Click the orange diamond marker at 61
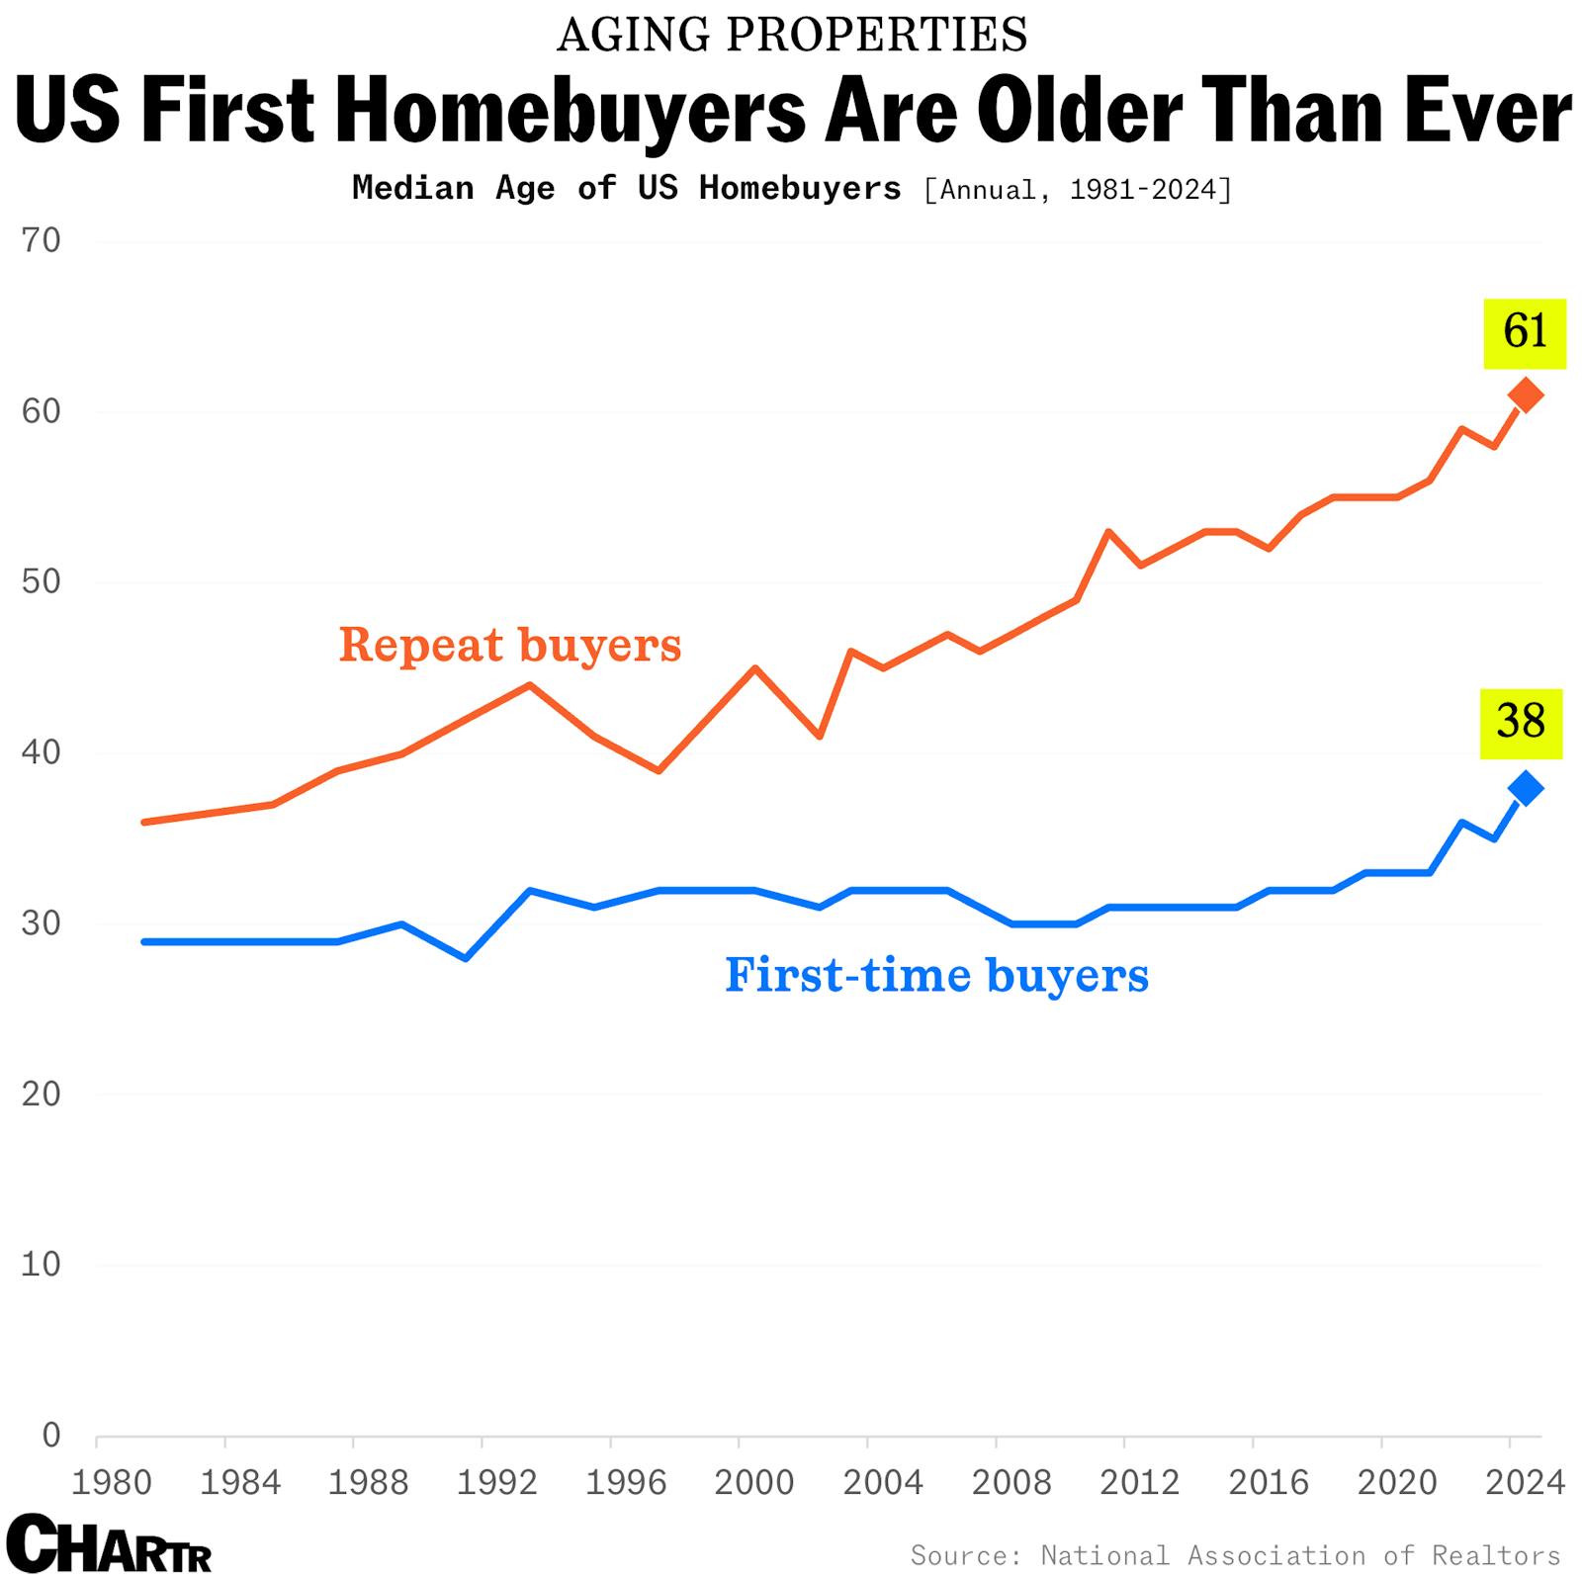1526,395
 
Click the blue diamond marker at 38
1526,788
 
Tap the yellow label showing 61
1525,333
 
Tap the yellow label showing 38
1521,723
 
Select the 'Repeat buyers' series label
510,645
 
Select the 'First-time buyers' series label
936,975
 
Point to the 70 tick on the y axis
41,240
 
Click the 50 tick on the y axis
41,581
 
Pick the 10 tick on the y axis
41,1264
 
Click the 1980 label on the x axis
111,1482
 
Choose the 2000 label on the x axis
753,1482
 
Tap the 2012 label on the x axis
1139,1482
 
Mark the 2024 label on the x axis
1525,1482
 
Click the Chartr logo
109,1543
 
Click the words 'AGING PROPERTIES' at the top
792,36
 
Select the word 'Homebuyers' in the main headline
571,111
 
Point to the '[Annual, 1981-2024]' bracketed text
1078,189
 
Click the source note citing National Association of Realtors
1235,1555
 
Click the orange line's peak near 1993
530,684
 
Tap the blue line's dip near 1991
466,958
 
